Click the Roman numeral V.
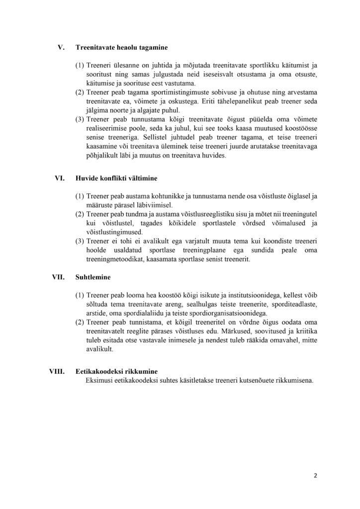click(62, 48)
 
